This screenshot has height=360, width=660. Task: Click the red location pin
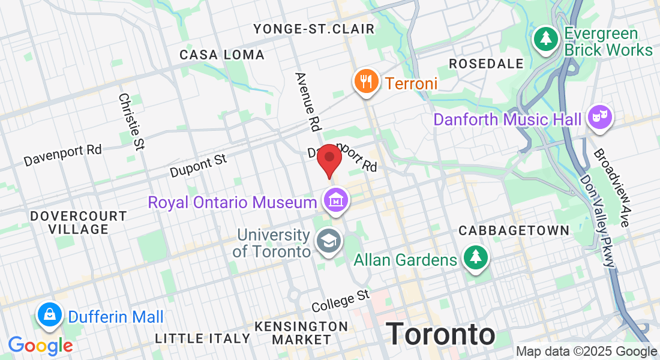tap(329, 158)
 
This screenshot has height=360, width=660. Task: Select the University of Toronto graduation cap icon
tap(328, 241)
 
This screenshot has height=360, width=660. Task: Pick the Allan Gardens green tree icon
tap(476, 258)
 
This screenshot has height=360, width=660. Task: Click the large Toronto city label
tap(440, 334)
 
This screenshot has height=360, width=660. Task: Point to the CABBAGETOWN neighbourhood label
tap(514, 230)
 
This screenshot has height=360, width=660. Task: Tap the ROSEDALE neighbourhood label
tap(486, 64)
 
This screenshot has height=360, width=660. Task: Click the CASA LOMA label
tap(222, 55)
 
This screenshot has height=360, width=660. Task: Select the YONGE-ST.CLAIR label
tap(314, 29)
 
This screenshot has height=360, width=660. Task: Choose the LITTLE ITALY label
tap(202, 338)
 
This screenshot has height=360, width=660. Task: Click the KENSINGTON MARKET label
tap(301, 333)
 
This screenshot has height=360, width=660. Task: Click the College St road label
tap(341, 300)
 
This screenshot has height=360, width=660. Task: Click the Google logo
tap(40, 346)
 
